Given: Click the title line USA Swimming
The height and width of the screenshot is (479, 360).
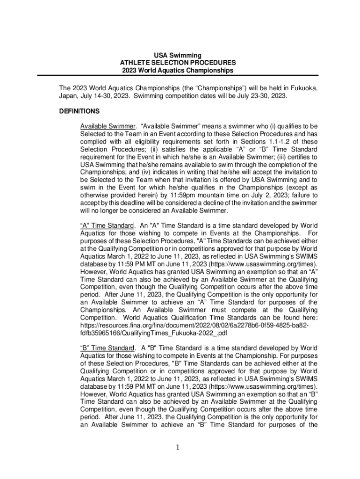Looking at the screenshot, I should pyautogui.click(x=178, y=55).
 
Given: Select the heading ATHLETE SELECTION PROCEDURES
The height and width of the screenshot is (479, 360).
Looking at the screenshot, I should pyautogui.click(x=178, y=63).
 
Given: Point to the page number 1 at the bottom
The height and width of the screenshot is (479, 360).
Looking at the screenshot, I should pyautogui.click(x=178, y=448).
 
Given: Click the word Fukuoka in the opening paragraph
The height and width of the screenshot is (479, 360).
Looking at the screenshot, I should pyautogui.click(x=305, y=88).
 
